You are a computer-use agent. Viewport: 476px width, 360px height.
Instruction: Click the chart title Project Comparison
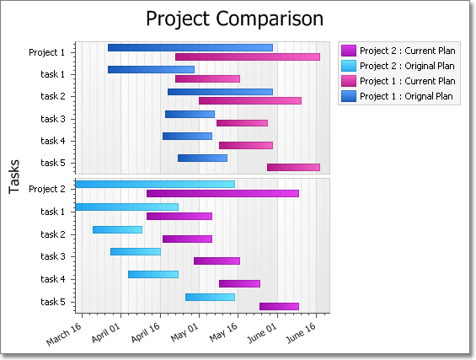[x=235, y=19]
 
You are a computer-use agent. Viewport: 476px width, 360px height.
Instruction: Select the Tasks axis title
[x=14, y=176]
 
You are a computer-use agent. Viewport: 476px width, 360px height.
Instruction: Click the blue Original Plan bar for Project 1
[x=190, y=48]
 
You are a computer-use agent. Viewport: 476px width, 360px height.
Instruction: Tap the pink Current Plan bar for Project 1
[x=248, y=56]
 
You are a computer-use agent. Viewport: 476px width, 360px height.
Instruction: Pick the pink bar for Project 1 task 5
[x=293, y=168]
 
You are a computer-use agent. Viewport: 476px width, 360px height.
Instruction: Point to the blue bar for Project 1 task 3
[x=190, y=114]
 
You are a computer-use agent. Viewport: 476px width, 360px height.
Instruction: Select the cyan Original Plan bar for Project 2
[x=155, y=184]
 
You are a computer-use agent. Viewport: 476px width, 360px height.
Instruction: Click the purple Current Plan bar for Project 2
[x=222, y=194]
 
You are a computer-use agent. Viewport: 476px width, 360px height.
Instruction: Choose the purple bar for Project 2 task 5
[x=280, y=307]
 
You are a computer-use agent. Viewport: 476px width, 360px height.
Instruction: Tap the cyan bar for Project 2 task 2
[x=117, y=229]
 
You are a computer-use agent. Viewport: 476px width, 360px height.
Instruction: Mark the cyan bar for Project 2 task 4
[x=153, y=274]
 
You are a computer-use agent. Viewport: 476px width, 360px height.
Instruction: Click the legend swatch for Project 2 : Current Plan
[x=349, y=51]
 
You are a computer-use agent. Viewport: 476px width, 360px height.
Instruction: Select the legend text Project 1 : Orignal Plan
[x=406, y=96]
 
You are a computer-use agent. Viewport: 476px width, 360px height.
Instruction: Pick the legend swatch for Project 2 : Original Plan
[x=349, y=66]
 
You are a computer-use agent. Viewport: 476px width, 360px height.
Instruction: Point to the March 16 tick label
[x=64, y=334]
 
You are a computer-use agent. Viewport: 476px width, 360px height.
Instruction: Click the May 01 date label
[x=185, y=332]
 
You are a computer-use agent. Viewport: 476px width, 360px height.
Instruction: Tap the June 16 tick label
[x=301, y=333]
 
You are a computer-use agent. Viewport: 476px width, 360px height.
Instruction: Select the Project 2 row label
[x=47, y=189]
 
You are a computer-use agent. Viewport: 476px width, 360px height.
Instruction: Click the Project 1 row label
[x=46, y=52]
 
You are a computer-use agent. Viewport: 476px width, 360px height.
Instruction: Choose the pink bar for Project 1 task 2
[x=250, y=101]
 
